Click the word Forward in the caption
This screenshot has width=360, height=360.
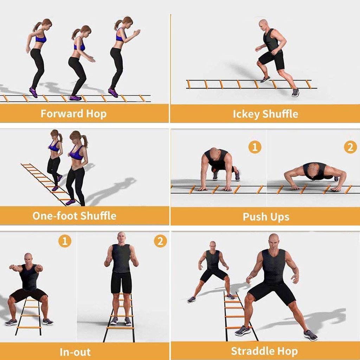point(62,114)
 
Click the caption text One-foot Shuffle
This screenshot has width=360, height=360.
point(75,216)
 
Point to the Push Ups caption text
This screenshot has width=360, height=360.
point(266,217)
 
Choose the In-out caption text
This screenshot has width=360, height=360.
point(75,352)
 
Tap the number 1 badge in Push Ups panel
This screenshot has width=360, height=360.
point(255,147)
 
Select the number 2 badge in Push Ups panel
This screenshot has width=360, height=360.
point(351,147)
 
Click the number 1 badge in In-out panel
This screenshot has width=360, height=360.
point(65,241)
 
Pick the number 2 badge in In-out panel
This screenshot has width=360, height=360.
point(160,241)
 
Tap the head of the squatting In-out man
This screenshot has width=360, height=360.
point(28,258)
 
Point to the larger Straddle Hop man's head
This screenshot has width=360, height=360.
point(274,241)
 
